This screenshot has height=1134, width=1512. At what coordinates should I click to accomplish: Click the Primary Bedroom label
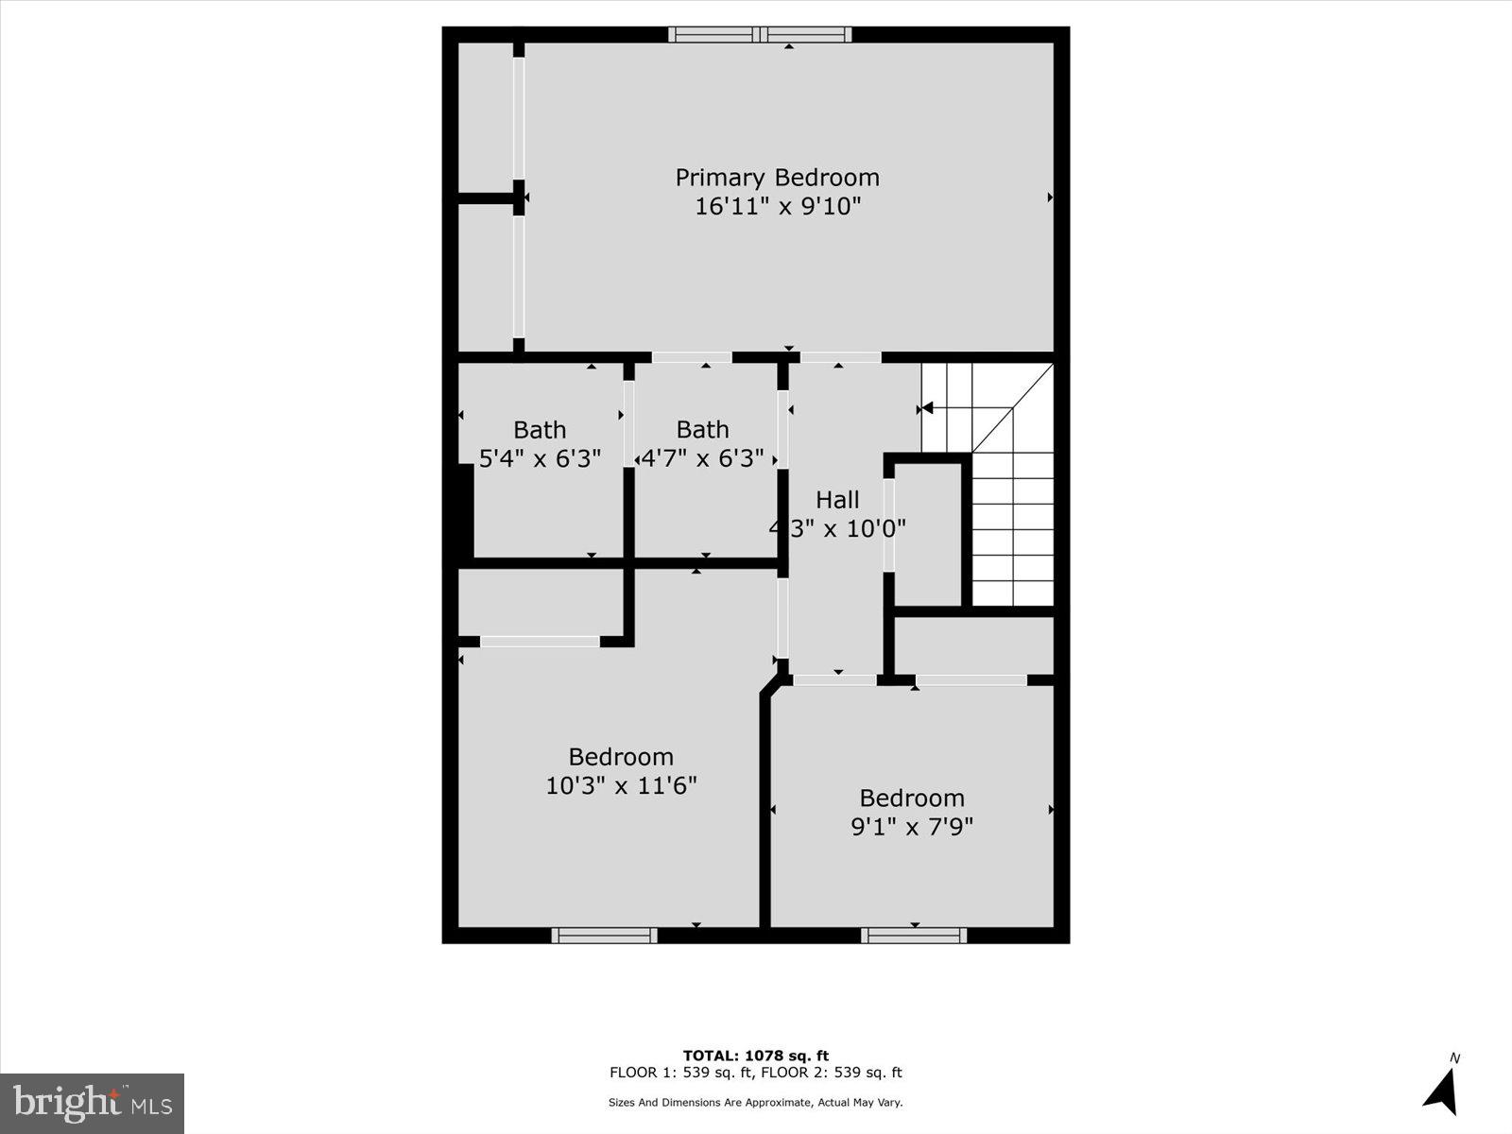pos(777,178)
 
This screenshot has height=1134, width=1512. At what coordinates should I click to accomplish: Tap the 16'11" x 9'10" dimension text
pos(778,206)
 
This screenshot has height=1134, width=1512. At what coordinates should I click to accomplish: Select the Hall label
pos(837,500)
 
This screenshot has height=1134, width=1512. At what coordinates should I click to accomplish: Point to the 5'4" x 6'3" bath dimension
pos(540,459)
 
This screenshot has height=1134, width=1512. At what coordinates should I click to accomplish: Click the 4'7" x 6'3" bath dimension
pos(702,459)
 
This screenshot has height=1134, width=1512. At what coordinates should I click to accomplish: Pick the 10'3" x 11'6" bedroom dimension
pos(621,785)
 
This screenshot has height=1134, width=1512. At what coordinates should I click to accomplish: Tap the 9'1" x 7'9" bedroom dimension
pos(912,827)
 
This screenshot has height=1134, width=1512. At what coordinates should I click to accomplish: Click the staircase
pos(1012,510)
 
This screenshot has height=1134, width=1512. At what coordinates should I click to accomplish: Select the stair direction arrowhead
pos(927,408)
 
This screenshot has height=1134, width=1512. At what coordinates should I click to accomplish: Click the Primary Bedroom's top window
pos(760,35)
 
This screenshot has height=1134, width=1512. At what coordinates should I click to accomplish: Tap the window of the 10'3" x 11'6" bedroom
pos(604,936)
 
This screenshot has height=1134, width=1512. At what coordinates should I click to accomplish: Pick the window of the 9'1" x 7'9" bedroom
pos(913,936)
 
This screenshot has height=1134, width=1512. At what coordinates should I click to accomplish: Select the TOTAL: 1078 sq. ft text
pos(756,1056)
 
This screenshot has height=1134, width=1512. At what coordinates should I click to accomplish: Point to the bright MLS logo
pos(92,1103)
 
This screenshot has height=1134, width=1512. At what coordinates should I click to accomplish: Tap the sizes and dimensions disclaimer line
pos(756,1102)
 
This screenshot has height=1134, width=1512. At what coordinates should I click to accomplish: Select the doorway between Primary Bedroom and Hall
pos(840,357)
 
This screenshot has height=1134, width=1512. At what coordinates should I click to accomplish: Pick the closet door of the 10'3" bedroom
pos(540,642)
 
